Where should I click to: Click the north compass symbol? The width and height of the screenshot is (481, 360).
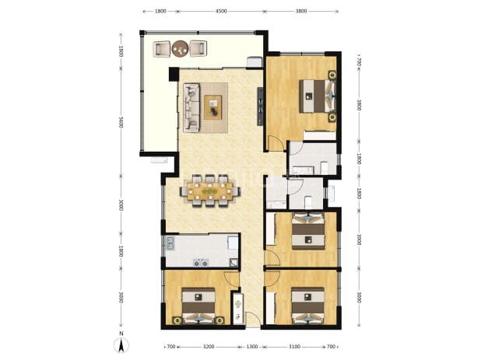[x=121, y=343]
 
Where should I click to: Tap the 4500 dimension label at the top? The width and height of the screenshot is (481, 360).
[x=221, y=12]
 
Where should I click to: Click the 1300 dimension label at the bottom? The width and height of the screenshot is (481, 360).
[x=252, y=347]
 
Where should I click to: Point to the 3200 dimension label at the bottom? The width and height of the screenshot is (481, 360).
[x=209, y=347]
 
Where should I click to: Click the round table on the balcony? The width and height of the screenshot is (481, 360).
[x=180, y=48]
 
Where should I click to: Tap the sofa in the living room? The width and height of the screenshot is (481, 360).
[x=191, y=107]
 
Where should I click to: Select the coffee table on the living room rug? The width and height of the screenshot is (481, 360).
[x=213, y=107]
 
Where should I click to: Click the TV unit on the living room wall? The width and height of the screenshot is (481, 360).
[x=260, y=107]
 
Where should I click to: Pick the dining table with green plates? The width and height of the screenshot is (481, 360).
[x=210, y=191]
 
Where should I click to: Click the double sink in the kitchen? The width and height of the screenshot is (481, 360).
[x=170, y=243]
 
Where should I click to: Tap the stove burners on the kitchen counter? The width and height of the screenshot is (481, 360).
[x=201, y=262]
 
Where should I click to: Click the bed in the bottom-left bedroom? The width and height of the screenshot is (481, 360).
[x=198, y=306]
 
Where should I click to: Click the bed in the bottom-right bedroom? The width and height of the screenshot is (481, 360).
[x=307, y=306]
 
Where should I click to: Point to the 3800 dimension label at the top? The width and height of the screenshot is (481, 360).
[x=301, y=12]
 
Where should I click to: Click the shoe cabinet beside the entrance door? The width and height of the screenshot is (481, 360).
[x=238, y=309]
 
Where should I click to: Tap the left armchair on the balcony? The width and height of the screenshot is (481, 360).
[x=161, y=49]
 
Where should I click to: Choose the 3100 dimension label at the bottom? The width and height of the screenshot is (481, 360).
[x=294, y=347]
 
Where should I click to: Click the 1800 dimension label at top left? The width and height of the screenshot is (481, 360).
[x=160, y=12]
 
